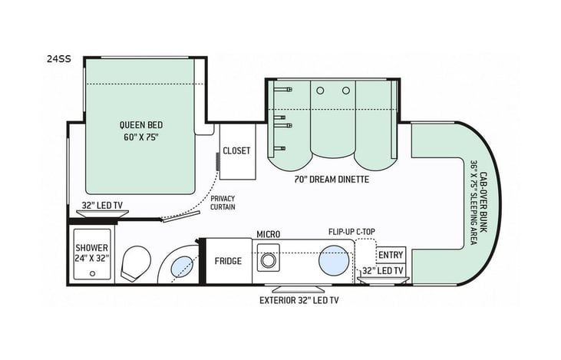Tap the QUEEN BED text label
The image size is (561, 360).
[x=140, y=125]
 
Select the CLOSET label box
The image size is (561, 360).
[x=236, y=150]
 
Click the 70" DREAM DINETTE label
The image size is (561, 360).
[x=332, y=179]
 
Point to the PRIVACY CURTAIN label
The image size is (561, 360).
[x=223, y=202]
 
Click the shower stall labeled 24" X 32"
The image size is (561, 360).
[x=91, y=254]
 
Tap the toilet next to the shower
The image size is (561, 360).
[x=137, y=263]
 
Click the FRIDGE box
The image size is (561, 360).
[x=228, y=261]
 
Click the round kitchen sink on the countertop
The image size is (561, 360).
[x=335, y=259]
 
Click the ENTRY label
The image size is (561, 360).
[x=391, y=255]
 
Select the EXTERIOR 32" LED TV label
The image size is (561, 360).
[x=299, y=300]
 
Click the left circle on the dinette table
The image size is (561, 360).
[x=321, y=91]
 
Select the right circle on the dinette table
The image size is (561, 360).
[x=346, y=91]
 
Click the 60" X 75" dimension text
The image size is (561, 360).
[x=140, y=137]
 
